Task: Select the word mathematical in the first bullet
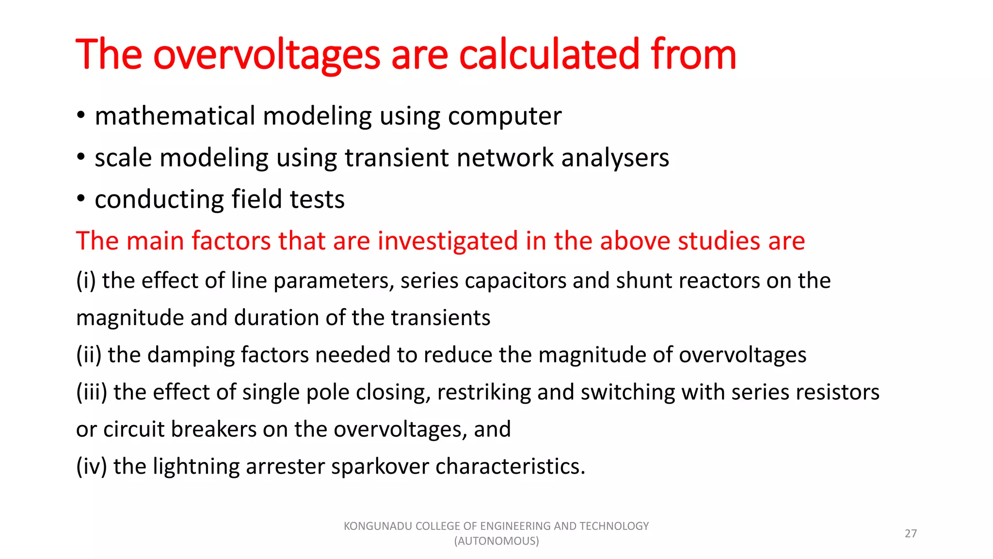[x=175, y=116]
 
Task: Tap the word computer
[x=505, y=117]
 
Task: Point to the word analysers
[x=615, y=158]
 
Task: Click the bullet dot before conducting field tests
[x=81, y=198]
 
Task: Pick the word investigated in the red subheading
[x=448, y=241]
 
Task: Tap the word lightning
[x=196, y=467]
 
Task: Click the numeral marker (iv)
[x=92, y=467]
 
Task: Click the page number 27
[x=911, y=534]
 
